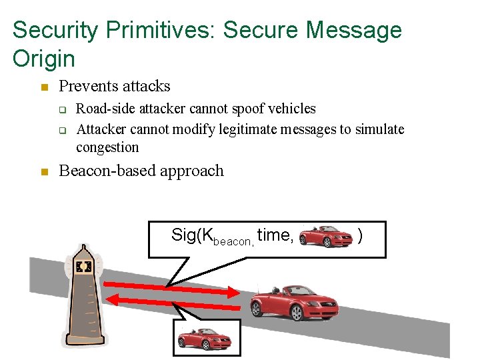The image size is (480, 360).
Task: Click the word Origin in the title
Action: click(x=44, y=59)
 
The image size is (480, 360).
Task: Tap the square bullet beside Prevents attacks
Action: click(x=44, y=87)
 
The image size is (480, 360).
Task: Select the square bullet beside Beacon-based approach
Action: click(x=44, y=172)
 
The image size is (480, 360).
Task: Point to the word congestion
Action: click(x=107, y=147)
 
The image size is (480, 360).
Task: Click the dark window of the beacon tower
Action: click(x=83, y=267)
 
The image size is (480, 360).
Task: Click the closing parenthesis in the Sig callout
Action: click(x=360, y=235)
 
